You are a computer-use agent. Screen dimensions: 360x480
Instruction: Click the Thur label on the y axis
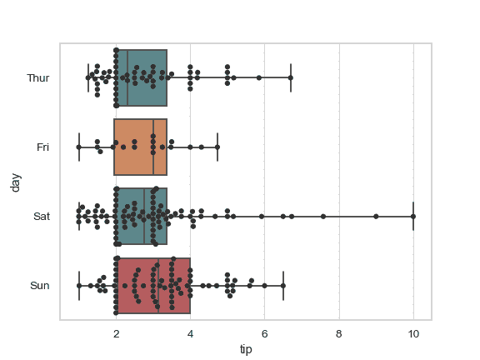tap(38, 78)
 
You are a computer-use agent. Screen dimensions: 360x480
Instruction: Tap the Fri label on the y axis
tap(43, 147)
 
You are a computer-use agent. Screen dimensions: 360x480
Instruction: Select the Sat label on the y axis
tap(42, 217)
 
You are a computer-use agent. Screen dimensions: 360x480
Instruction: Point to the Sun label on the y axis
tap(40, 286)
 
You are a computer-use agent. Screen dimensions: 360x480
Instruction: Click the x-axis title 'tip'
tap(246, 349)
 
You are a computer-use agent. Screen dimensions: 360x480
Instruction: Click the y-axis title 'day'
tap(15, 182)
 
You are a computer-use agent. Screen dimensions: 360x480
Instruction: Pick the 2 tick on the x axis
tap(116, 334)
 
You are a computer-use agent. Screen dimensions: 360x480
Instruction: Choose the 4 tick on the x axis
tap(190, 334)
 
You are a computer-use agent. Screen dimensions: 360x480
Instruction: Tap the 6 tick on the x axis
tap(264, 334)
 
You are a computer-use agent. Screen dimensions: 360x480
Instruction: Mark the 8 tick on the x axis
tap(339, 334)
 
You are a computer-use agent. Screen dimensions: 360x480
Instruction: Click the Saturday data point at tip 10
tap(413, 217)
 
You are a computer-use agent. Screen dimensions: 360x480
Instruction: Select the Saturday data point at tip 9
tap(376, 217)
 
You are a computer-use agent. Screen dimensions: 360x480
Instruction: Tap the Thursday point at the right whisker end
tap(291, 77)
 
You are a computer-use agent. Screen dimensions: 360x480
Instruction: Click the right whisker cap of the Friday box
tap(217, 147)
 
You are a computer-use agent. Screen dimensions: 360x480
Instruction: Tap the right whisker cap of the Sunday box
tap(283, 286)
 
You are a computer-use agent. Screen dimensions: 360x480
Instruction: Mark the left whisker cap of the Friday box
tap(79, 147)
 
